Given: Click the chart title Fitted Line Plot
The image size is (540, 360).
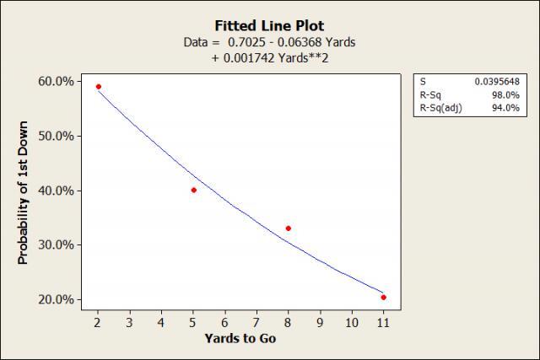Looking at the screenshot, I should pos(269,25).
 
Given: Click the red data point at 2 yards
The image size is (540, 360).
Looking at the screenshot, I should pos(99,87).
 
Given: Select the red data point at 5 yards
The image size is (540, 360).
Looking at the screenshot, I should pos(194,190).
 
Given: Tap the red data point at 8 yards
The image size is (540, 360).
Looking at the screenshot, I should pos(289,228).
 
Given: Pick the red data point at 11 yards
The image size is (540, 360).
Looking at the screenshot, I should pos(383,297).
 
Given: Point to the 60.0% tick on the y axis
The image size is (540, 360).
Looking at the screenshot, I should pos(56,81).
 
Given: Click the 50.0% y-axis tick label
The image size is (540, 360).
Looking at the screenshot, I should pos(56,136).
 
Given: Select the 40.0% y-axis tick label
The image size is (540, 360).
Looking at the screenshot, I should pos(56,191).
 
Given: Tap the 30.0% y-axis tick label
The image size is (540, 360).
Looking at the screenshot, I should pos(56,244).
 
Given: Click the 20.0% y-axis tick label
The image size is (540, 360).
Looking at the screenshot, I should pos(56,299).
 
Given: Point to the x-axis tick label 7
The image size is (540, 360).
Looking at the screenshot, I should pos(256,322).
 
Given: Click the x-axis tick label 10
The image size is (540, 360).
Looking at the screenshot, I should pos(351,322).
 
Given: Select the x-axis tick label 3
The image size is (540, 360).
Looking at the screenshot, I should pos(130,322).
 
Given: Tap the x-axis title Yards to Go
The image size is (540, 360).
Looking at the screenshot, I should pos(240,339).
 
